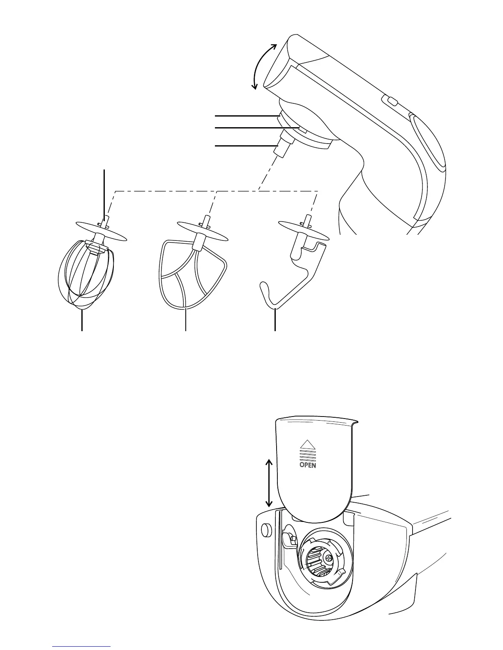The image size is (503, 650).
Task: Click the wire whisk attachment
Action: [85, 275]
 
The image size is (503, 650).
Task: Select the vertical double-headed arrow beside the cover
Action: [269, 483]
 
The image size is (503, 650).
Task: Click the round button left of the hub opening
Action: [265, 530]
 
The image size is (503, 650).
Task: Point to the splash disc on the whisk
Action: [101, 231]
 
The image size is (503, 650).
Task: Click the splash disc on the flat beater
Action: [202, 231]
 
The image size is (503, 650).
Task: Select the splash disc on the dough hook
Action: [304, 231]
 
